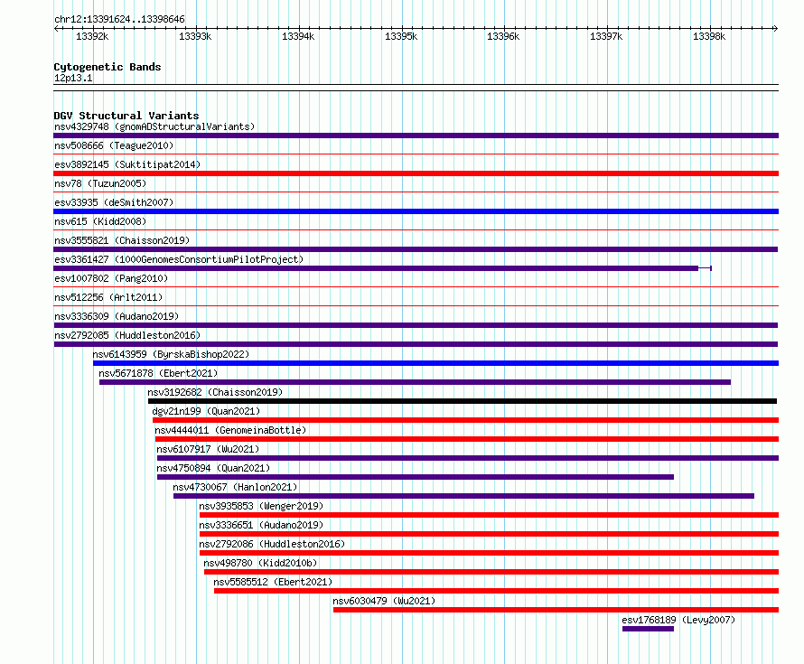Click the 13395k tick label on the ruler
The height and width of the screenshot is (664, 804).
tap(401, 36)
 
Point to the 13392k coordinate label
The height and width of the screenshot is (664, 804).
tap(92, 36)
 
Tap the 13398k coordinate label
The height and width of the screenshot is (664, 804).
tap(709, 36)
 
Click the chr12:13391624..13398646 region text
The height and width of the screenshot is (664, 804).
tap(119, 19)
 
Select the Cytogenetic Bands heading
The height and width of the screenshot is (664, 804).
tap(108, 67)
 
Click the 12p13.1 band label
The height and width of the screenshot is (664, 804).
tap(73, 78)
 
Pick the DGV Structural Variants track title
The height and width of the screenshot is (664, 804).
tap(126, 116)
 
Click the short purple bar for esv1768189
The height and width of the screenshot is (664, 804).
tap(648, 629)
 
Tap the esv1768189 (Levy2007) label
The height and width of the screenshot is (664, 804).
tap(678, 620)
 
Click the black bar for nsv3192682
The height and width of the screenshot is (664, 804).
tap(463, 401)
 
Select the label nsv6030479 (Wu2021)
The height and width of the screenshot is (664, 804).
tap(384, 601)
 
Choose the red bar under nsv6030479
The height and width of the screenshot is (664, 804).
tap(556, 610)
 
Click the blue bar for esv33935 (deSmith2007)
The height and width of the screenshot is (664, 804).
tap(416, 211)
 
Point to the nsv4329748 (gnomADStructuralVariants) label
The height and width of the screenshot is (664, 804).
tap(154, 126)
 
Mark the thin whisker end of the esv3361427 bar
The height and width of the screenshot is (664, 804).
tap(711, 268)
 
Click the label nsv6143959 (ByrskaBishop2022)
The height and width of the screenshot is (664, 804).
tap(171, 354)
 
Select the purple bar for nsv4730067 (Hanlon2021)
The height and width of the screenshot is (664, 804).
tap(463, 496)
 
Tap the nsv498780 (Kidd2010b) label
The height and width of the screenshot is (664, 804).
tap(260, 563)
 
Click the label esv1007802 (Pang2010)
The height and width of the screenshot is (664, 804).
tap(111, 278)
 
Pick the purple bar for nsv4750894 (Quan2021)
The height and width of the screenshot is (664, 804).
tap(416, 477)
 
